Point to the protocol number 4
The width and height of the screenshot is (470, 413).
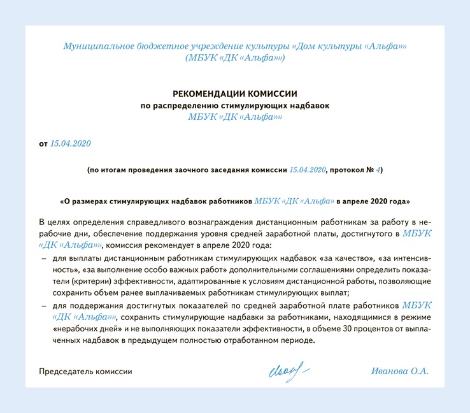[x=378, y=171]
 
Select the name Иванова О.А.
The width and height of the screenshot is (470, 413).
[x=400, y=371]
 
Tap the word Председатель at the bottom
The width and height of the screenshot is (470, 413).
[x=65, y=371]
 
